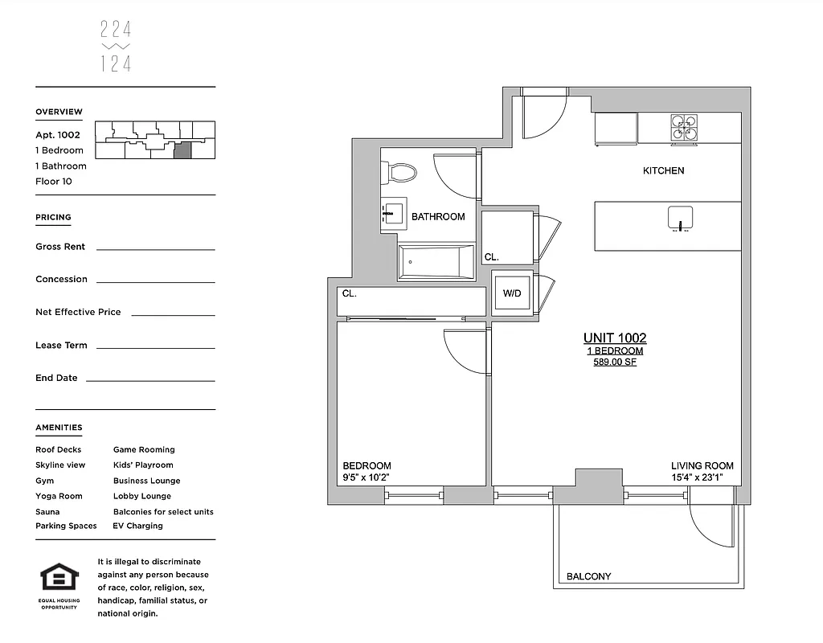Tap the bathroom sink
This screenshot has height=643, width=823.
pyautogui.click(x=394, y=214)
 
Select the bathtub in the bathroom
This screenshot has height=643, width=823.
pyautogui.click(x=436, y=262)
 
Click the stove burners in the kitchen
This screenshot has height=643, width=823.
pyautogui.click(x=684, y=129)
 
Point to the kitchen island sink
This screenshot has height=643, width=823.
pyautogui.click(x=680, y=218)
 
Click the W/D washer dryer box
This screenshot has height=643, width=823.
pyautogui.click(x=512, y=293)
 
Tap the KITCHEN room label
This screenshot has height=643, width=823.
pyautogui.click(x=663, y=170)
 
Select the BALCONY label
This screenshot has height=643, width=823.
pyautogui.click(x=588, y=576)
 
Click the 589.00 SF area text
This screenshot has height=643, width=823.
pyautogui.click(x=614, y=362)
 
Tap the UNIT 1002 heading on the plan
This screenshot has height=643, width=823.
pyautogui.click(x=614, y=338)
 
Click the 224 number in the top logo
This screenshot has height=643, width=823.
pyautogui.click(x=116, y=31)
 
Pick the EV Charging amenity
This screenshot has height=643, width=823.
pyautogui.click(x=137, y=526)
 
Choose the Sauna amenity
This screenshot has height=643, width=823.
pyautogui.click(x=47, y=511)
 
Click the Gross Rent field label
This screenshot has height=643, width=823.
pyautogui.click(x=60, y=247)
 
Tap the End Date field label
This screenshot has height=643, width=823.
pyautogui.click(x=56, y=378)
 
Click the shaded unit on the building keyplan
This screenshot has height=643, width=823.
pyautogui.click(x=183, y=149)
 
